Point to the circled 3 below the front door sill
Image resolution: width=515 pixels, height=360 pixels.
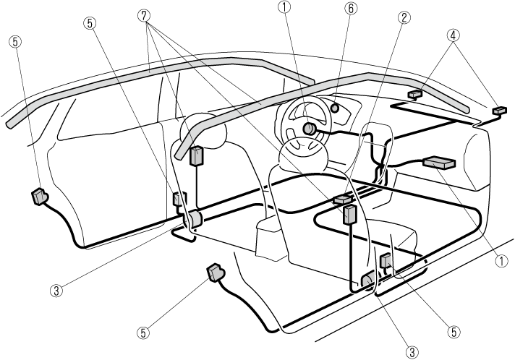click(412, 351)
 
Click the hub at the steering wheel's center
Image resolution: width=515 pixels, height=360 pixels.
click(309, 129)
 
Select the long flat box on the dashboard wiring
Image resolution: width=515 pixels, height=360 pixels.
click(439, 163)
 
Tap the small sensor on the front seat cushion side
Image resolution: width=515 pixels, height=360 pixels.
click(386, 261)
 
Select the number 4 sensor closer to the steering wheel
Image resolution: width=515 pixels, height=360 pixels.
click(415, 93)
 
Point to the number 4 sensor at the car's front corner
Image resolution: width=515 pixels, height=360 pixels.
click(498, 110)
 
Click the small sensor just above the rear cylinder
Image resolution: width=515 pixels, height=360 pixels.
click(179, 198)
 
